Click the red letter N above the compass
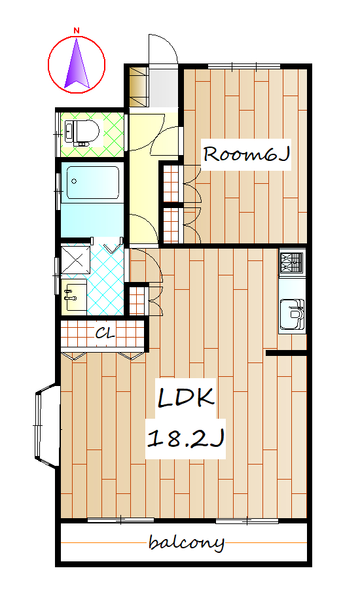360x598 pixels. pos(77,31)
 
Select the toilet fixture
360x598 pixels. pos(82,132)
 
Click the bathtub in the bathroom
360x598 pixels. pos(93,183)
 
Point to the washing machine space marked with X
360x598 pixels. pos(77,260)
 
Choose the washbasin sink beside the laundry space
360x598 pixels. pos(74,296)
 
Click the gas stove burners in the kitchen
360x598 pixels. pos(292,262)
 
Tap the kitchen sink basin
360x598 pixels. pos(292,314)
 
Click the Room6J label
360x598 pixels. pos(246,154)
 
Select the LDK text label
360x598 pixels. pos(186,398)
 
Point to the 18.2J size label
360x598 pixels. pos(185,438)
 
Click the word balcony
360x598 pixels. pos(186,542)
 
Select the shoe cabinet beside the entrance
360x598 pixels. pos(138,87)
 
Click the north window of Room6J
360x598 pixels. pos(244,67)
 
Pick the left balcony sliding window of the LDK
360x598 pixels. pos(120,520)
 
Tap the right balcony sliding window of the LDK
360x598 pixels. pos(247,520)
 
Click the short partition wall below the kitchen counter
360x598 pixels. pos(287,353)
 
